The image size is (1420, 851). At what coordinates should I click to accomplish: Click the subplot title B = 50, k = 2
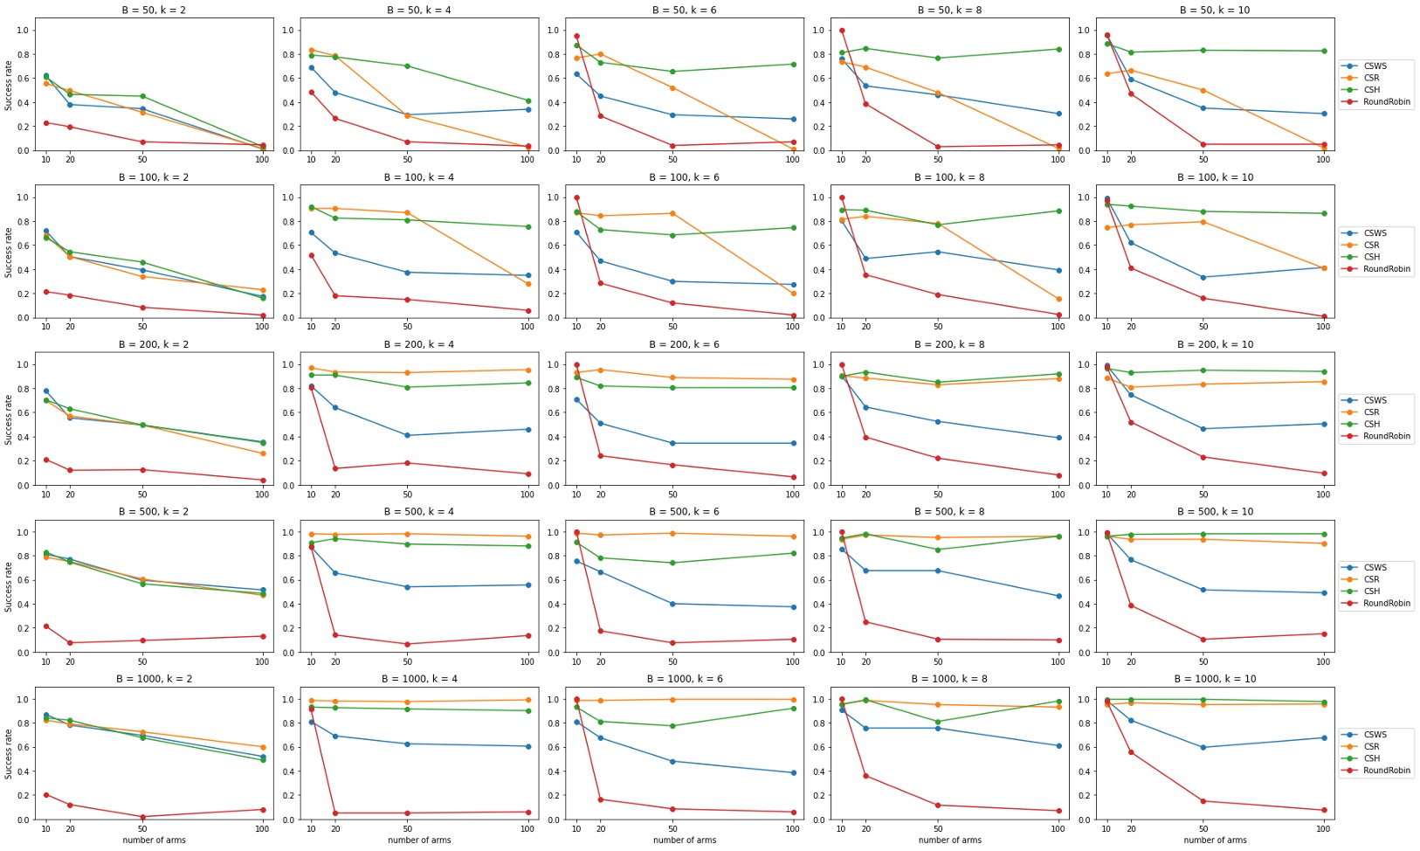coord(154,10)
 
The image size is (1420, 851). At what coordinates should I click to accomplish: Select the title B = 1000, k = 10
coord(1215,679)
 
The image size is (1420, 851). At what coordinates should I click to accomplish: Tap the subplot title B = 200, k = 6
coord(684,344)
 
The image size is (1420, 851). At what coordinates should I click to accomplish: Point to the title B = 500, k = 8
coord(949,511)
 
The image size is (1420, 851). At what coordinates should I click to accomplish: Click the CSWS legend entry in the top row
coord(1375,66)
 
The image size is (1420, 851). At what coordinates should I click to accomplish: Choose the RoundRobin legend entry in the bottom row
coord(1386,771)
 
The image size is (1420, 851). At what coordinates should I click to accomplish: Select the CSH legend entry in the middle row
coord(1371,424)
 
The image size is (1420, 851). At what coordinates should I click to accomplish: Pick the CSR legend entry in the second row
coord(1371,245)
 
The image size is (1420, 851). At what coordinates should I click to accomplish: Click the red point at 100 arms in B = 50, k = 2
coord(262,146)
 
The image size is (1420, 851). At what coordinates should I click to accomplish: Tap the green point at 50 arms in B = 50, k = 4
coord(407,66)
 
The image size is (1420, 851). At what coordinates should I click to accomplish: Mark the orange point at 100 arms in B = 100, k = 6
coord(793,294)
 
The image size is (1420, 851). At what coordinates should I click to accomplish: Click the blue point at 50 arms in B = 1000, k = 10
coord(1203,748)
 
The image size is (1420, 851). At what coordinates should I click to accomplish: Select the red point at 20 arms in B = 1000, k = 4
coord(335,813)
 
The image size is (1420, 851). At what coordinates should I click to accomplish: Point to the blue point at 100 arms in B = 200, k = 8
coord(1058,438)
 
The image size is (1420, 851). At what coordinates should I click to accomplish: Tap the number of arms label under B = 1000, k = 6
coord(684,841)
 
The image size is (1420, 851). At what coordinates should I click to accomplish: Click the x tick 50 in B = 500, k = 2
coord(142,661)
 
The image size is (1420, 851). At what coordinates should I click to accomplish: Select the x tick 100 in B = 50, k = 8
coord(1058,160)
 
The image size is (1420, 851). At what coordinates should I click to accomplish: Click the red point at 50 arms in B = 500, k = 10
coord(1203,640)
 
